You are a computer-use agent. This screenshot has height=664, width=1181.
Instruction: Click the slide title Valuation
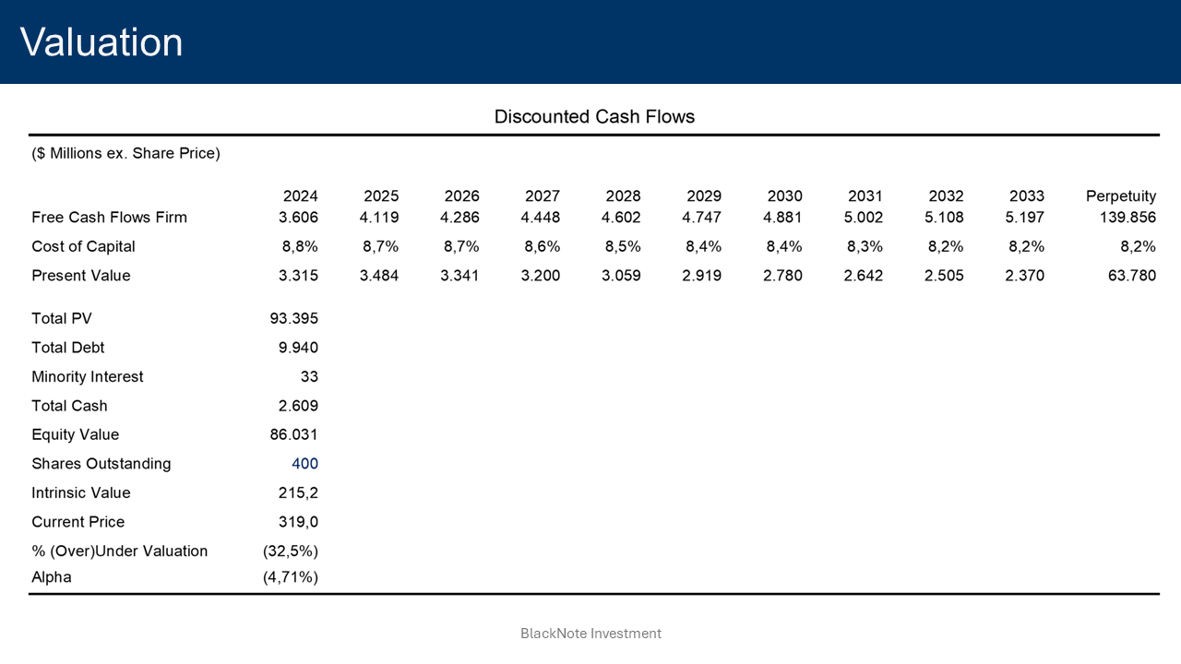tap(101, 42)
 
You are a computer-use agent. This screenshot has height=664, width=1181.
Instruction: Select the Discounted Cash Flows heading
tap(594, 117)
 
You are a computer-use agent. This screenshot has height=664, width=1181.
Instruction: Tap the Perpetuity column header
tap(1120, 196)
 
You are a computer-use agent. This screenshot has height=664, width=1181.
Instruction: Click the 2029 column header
tap(704, 196)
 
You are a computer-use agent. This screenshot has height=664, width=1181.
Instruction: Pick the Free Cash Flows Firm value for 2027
tap(542, 218)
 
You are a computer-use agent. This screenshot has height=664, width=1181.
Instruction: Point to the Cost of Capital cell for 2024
tap(300, 247)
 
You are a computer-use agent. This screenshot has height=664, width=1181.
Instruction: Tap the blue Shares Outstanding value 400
tap(304, 464)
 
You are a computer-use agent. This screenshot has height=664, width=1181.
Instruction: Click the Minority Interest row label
tap(88, 377)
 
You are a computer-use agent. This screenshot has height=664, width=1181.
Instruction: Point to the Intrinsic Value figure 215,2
tap(298, 493)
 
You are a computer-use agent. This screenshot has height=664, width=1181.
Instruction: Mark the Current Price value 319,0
tap(298, 522)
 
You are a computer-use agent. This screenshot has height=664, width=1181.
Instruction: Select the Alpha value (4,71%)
tap(291, 577)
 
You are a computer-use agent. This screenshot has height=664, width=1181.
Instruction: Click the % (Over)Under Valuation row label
tap(120, 551)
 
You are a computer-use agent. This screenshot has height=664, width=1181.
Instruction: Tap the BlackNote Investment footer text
tap(590, 634)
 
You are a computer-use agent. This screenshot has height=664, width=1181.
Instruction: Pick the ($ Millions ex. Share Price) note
tap(126, 154)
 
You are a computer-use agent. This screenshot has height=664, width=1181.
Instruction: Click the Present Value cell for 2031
tap(863, 276)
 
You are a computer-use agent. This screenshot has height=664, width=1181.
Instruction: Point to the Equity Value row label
tap(76, 435)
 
